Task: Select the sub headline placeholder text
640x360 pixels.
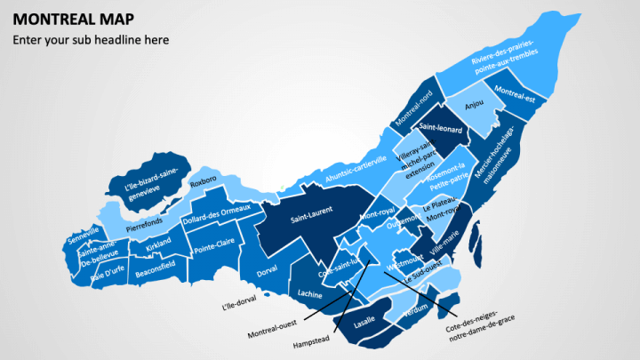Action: click(x=90, y=40)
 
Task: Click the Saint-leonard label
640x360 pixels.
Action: click(x=440, y=130)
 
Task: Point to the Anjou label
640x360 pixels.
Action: click(x=474, y=104)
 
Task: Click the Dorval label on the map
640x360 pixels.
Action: click(x=267, y=268)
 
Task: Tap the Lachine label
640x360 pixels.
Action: click(x=310, y=293)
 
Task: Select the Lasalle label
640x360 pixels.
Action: click(x=364, y=324)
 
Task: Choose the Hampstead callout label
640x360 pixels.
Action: click(x=311, y=340)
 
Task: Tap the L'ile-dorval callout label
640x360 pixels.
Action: click(x=238, y=303)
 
